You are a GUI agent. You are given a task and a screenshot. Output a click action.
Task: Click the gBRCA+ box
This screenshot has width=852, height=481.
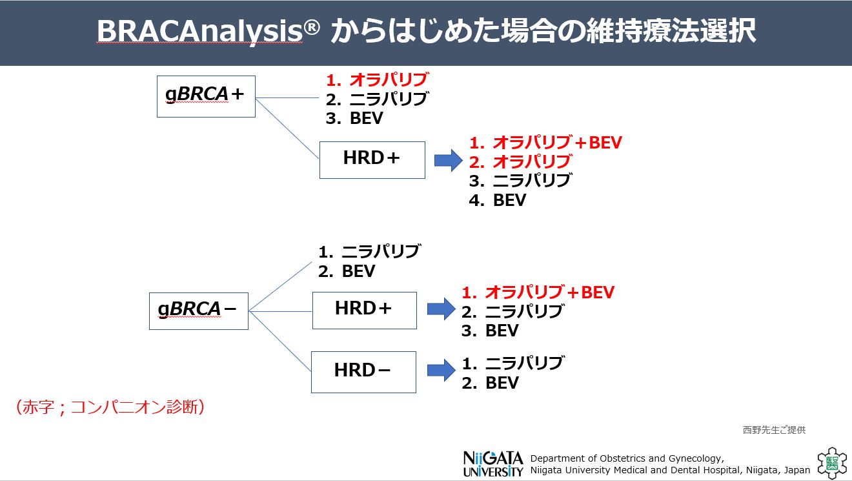pos(206,96)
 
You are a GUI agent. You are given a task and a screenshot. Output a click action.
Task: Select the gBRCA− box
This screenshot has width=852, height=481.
pos(198,311)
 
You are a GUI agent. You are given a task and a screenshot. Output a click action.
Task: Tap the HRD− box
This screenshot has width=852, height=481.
pos(363,371)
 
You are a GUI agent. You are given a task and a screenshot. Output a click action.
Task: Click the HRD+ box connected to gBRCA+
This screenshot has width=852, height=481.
pos(372,159)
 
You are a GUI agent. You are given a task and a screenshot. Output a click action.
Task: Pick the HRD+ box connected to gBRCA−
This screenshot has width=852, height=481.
pos(364,310)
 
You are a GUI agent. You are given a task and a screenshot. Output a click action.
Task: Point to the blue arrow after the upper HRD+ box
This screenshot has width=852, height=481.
pos(448,160)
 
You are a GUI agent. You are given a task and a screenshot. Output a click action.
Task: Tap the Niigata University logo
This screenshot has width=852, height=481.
pos(493,464)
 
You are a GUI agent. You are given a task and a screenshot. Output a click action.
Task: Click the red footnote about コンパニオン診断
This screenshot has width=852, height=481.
pos(109,407)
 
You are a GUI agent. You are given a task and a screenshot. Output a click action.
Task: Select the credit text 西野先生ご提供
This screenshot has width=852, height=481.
pos(774,430)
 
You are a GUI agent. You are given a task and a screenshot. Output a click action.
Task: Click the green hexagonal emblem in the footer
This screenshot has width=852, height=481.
pos(830,464)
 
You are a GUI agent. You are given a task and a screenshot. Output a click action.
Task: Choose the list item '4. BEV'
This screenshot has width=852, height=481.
pos(498,200)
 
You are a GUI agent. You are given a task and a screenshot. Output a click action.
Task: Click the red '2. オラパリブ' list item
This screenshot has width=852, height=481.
pos(520,161)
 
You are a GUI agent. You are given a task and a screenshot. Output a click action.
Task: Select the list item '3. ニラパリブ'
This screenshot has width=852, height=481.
pos(520,181)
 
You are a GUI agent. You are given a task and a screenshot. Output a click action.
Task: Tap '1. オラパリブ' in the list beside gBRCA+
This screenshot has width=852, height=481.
pos(377,80)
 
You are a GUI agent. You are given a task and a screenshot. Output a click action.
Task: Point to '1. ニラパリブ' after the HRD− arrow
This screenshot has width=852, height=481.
pos(512,363)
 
